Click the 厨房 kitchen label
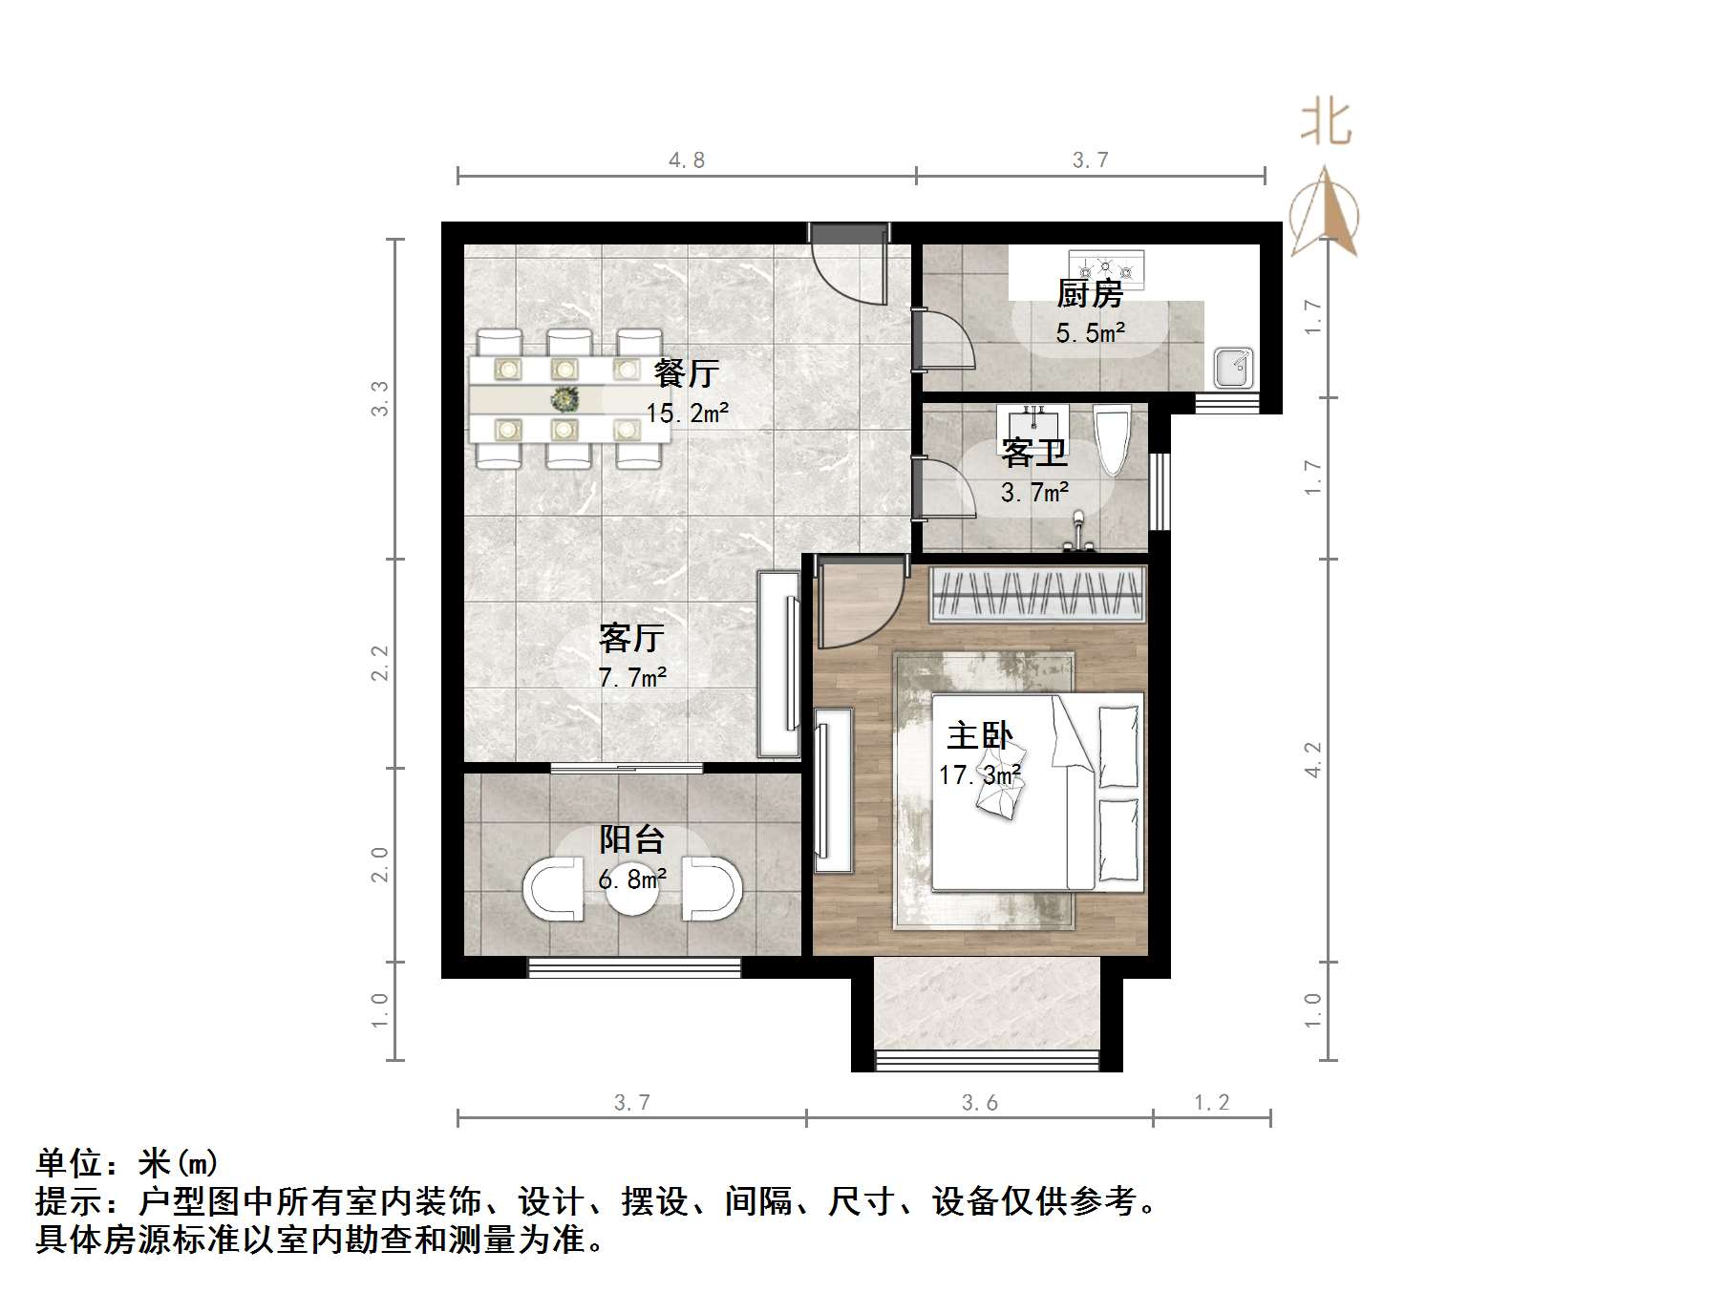[1089, 293]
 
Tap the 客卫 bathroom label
[1033, 452]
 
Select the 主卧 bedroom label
[979, 735]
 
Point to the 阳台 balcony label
[631, 839]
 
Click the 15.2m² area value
[687, 413]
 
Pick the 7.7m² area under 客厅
[631, 677]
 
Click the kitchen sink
[1233, 369]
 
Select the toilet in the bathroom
[1113, 439]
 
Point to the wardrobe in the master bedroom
[1037, 594]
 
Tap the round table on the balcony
[631, 888]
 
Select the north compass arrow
[1324, 213]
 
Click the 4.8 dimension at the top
[686, 160]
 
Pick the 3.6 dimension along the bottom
[979, 1103]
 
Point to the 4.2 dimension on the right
[1314, 759]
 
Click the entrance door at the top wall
[848, 265]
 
